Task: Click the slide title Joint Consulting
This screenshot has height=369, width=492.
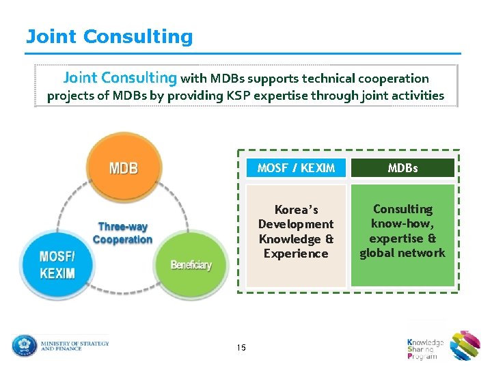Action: click(x=109, y=36)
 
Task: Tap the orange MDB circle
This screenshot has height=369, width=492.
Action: click(x=124, y=167)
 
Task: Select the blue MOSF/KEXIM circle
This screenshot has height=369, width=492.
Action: click(x=57, y=264)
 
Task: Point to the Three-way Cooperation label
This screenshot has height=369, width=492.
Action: click(x=122, y=233)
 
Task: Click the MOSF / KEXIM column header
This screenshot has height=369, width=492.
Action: click(x=296, y=168)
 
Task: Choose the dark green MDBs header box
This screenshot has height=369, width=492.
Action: click(x=402, y=168)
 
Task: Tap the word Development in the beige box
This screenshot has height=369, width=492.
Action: click(x=296, y=224)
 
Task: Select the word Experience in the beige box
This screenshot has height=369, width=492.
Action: click(x=296, y=254)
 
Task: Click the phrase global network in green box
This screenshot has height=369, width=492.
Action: click(x=402, y=253)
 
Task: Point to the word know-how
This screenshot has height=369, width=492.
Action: click(x=402, y=223)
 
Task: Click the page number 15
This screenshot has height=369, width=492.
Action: click(x=241, y=348)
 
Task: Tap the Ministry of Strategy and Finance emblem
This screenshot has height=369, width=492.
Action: click(x=24, y=345)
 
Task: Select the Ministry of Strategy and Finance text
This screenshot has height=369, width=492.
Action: click(x=74, y=346)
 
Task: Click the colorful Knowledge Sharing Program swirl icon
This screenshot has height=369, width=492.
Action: click(x=465, y=345)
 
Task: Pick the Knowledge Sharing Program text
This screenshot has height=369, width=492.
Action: click(x=425, y=348)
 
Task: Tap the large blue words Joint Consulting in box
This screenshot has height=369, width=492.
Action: click(x=120, y=79)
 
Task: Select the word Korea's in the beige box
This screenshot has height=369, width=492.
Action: click(x=296, y=210)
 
